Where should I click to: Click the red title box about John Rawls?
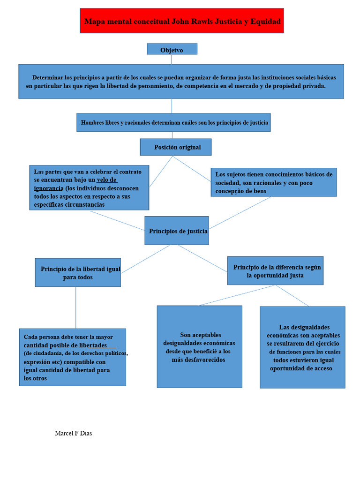point(181,21)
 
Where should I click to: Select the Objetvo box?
point(172,50)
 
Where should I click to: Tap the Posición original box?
point(176,147)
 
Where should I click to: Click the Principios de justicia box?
point(176,231)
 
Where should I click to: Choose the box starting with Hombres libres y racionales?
point(174,122)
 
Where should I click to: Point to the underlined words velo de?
point(107,180)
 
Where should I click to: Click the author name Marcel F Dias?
point(73,433)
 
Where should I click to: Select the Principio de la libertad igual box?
point(78,273)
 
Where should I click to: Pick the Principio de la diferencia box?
point(275,271)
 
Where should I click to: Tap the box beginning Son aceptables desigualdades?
point(199,347)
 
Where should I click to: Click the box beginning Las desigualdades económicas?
point(302,347)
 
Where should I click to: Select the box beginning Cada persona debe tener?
point(73,357)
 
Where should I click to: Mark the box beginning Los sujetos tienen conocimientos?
point(273,182)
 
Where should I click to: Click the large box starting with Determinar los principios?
point(181,82)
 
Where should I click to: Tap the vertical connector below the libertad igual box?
point(76,307)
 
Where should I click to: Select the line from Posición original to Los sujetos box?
point(192,169)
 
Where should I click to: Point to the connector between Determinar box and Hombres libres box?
point(172,106)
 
